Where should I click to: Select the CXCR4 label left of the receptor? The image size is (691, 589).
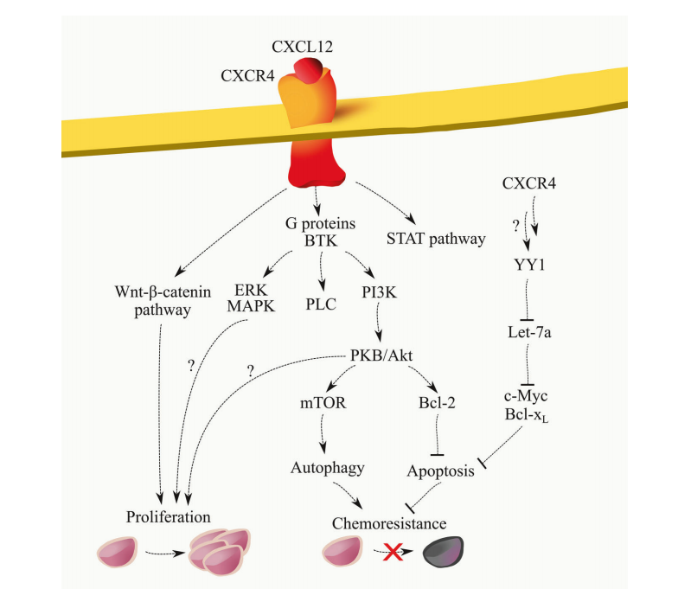[x=247, y=76]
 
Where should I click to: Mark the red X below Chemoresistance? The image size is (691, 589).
[x=392, y=552]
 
